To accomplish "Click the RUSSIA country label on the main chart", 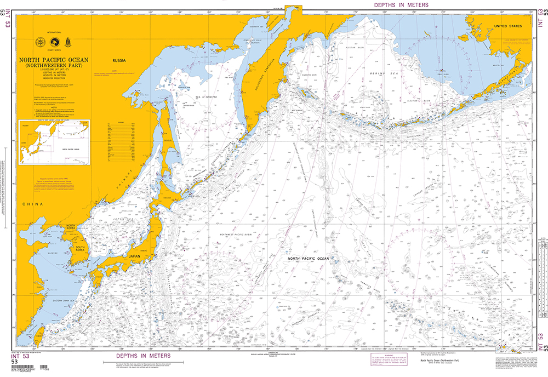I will click(120, 60).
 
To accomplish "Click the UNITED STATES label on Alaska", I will click(507, 26).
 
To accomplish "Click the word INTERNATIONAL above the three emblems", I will click(54, 32).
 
